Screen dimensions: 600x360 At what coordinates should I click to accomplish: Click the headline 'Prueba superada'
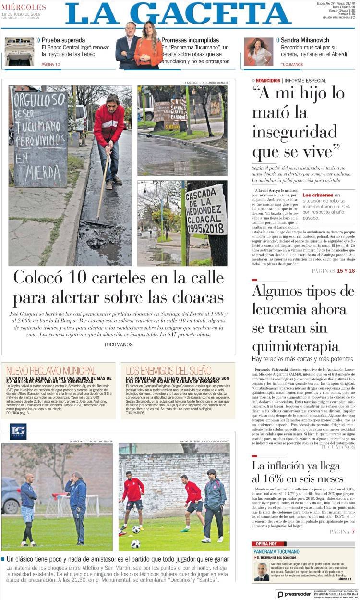[x=63, y=40]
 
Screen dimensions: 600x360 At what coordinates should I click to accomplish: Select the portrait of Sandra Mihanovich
[x=258, y=51]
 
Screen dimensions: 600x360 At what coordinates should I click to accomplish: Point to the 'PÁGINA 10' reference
[x=51, y=64]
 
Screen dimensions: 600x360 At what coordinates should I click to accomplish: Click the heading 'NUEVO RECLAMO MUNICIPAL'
[x=51, y=370]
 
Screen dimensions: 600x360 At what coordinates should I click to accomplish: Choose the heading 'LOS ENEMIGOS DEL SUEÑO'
[x=168, y=370]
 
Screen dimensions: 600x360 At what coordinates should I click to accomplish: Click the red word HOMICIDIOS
[x=267, y=80]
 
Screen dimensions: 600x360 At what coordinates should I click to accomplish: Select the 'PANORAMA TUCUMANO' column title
[x=276, y=551]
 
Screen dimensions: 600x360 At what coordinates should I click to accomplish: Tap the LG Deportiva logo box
[x=18, y=431]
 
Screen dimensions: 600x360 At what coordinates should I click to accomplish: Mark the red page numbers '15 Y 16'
[x=346, y=271]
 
